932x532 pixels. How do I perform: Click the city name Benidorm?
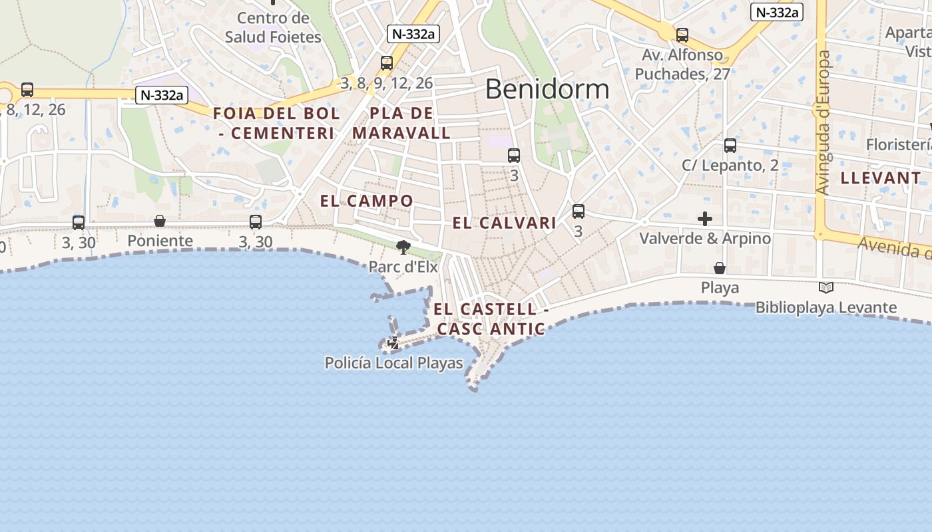point(547,89)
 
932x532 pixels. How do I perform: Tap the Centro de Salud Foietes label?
point(273,27)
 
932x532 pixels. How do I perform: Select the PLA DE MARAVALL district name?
point(401,123)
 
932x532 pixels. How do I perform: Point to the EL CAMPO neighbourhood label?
point(366,201)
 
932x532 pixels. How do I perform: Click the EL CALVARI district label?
point(504,223)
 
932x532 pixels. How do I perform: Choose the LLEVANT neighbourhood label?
point(881,178)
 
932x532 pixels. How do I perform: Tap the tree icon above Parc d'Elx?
point(403,247)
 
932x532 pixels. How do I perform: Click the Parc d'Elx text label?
point(403,267)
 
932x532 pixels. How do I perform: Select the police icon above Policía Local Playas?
point(393,343)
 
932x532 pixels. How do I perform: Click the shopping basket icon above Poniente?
point(160,221)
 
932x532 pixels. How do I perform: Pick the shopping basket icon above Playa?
point(720,268)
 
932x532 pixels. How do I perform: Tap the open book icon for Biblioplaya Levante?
point(826,288)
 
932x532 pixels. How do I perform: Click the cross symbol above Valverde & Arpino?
point(705,219)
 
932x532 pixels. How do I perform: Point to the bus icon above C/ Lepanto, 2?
point(730,146)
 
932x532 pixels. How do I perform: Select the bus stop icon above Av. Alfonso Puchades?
point(682,35)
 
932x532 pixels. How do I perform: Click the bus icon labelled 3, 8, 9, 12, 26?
point(387,63)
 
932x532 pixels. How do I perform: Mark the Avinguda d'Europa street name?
point(823,123)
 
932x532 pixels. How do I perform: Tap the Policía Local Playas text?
point(393,363)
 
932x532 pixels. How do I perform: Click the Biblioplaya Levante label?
point(825,308)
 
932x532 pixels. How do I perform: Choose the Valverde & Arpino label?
point(705,238)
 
